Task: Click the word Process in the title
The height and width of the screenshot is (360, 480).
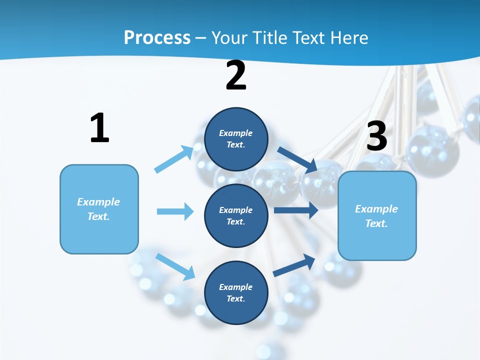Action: tap(157, 38)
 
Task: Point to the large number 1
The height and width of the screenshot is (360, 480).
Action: tap(99, 128)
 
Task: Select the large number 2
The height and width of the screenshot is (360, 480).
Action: tap(236, 75)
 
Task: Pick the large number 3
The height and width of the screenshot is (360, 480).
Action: tap(376, 136)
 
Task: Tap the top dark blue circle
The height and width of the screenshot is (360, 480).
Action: tap(236, 139)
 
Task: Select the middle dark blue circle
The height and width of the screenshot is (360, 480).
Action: tap(236, 215)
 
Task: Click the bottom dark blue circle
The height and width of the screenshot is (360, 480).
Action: tap(236, 292)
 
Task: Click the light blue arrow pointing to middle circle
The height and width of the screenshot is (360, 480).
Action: tap(175, 211)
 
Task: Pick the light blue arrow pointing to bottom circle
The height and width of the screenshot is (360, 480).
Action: tap(175, 266)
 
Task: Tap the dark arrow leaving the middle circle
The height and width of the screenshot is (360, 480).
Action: tap(296, 210)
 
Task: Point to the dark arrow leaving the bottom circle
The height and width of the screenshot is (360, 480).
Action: tap(294, 265)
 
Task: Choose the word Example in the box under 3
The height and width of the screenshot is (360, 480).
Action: tap(376, 209)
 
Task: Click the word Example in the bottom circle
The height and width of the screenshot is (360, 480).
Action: tap(235, 287)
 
